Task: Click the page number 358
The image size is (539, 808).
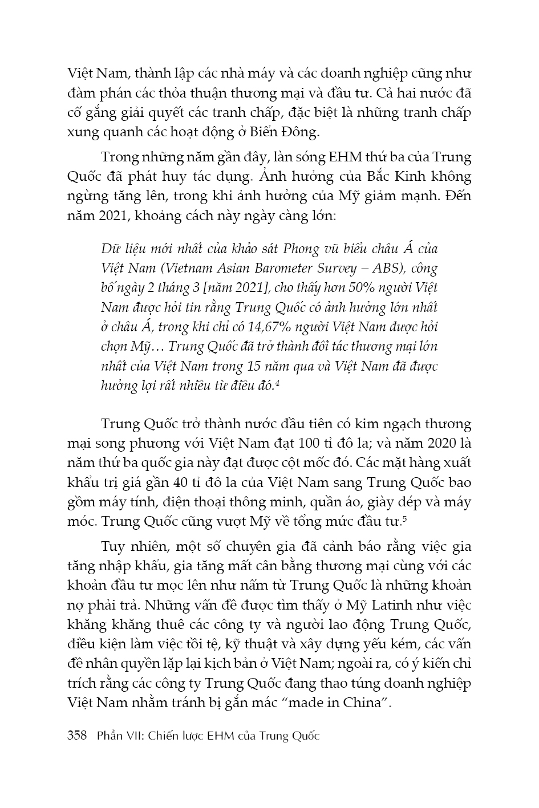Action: pos(77,735)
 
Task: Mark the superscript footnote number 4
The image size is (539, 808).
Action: pos(277,384)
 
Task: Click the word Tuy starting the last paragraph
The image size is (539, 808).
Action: pos(113,547)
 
